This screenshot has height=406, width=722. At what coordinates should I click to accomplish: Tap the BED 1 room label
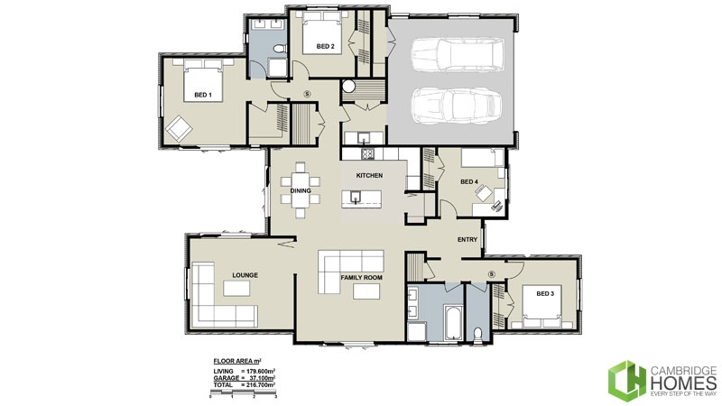[202, 94]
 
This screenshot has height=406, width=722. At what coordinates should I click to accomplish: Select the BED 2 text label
[326, 45]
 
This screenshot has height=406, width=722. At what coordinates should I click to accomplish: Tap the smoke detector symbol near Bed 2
[306, 93]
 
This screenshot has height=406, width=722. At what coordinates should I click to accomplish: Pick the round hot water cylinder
[349, 88]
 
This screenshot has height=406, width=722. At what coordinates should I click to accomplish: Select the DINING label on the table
[301, 190]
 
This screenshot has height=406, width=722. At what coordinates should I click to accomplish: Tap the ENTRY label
[467, 239]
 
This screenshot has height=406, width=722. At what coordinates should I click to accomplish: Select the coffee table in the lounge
[236, 289]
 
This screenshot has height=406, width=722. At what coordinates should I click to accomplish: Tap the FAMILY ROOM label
[360, 277]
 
